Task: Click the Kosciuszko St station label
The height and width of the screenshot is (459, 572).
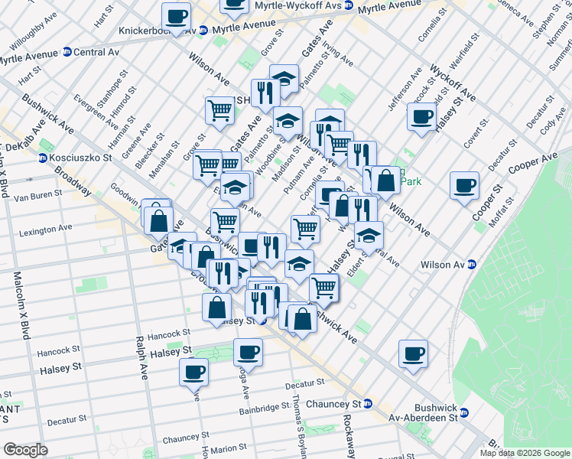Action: (82, 158)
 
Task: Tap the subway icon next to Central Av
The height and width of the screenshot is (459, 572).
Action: (67, 54)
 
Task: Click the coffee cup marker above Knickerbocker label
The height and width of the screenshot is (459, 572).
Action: (177, 17)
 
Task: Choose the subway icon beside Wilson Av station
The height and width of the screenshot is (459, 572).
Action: (472, 265)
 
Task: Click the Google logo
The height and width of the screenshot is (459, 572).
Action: (25, 450)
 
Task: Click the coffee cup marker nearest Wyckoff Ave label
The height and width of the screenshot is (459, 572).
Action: (421, 118)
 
